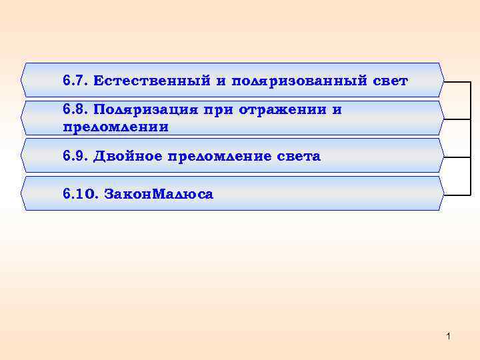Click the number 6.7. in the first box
tap(76, 81)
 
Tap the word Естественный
tap(152, 81)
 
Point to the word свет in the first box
tap(390, 81)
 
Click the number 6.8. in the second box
tap(76, 109)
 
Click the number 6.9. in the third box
tap(76, 157)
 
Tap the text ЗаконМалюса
tap(158, 195)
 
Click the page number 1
tap(449, 337)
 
